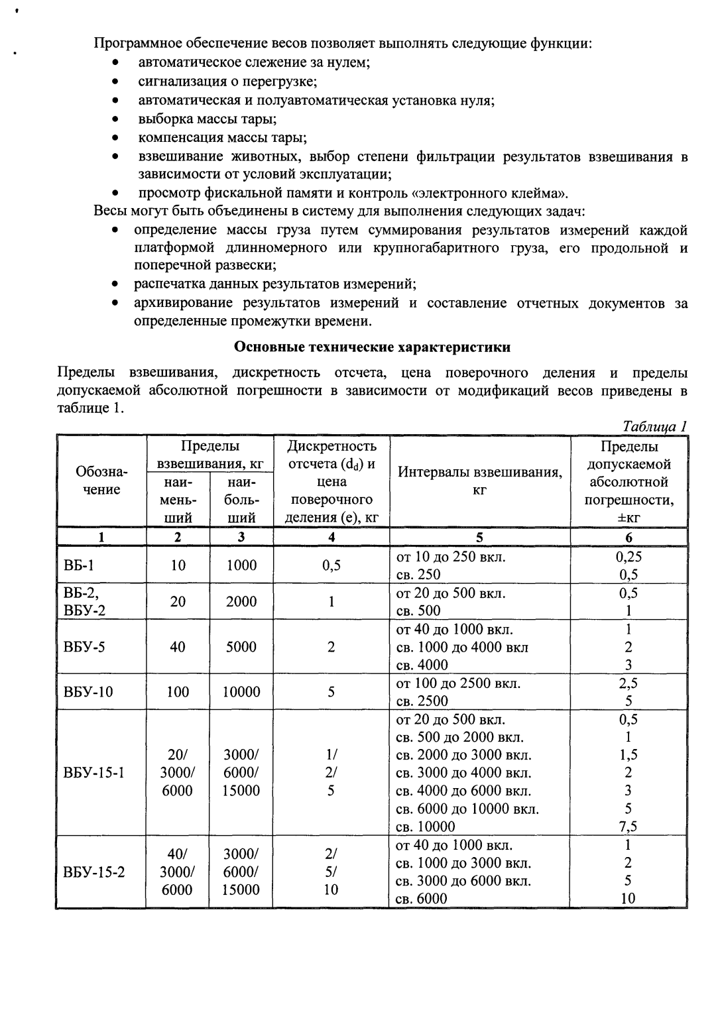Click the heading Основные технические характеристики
pos(373,347)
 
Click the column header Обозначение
pos(101,481)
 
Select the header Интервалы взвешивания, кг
pos(479,481)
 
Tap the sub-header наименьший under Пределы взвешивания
pos(177,499)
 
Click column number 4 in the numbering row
pos(331,538)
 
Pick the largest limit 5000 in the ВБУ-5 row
pos(241,647)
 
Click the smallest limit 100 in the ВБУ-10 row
pos(177,692)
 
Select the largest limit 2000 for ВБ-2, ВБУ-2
pos(241,601)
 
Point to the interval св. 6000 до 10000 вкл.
pos(467,809)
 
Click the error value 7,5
pos(628,827)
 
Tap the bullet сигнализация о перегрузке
pos(227,82)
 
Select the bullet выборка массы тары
pos(207,119)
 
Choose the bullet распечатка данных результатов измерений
pos(274,284)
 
